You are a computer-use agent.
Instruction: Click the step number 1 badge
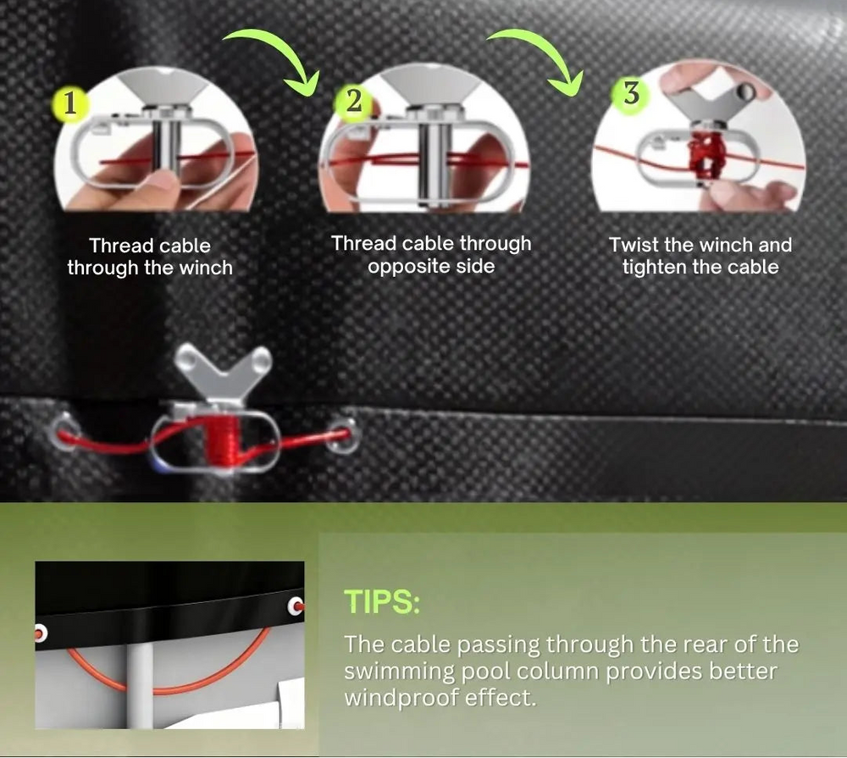(x=69, y=103)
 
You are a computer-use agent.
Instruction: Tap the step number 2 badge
(x=353, y=101)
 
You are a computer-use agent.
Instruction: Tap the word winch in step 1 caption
(x=206, y=268)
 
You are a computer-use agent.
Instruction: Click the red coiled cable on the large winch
(x=221, y=441)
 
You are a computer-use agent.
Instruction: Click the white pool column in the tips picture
(x=140, y=685)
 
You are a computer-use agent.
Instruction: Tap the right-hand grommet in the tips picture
(x=296, y=606)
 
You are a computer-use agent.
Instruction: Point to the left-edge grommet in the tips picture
(x=41, y=633)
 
